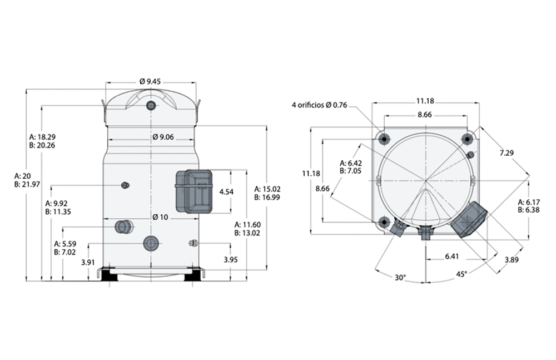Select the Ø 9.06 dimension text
coord(163,137)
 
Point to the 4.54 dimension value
coord(226,191)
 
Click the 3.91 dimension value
coord(87,262)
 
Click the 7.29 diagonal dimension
coord(507,152)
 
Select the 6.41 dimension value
coord(452,256)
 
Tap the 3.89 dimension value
coord(512,260)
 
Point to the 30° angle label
coord(400,277)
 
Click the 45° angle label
coord(461,273)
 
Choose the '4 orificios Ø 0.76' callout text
coord(319,105)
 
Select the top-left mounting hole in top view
coord(383,138)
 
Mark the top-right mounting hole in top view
coord(466,138)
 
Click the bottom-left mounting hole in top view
coord(383,223)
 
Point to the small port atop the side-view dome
coord(151,106)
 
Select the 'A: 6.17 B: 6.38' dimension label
coord(529,205)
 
